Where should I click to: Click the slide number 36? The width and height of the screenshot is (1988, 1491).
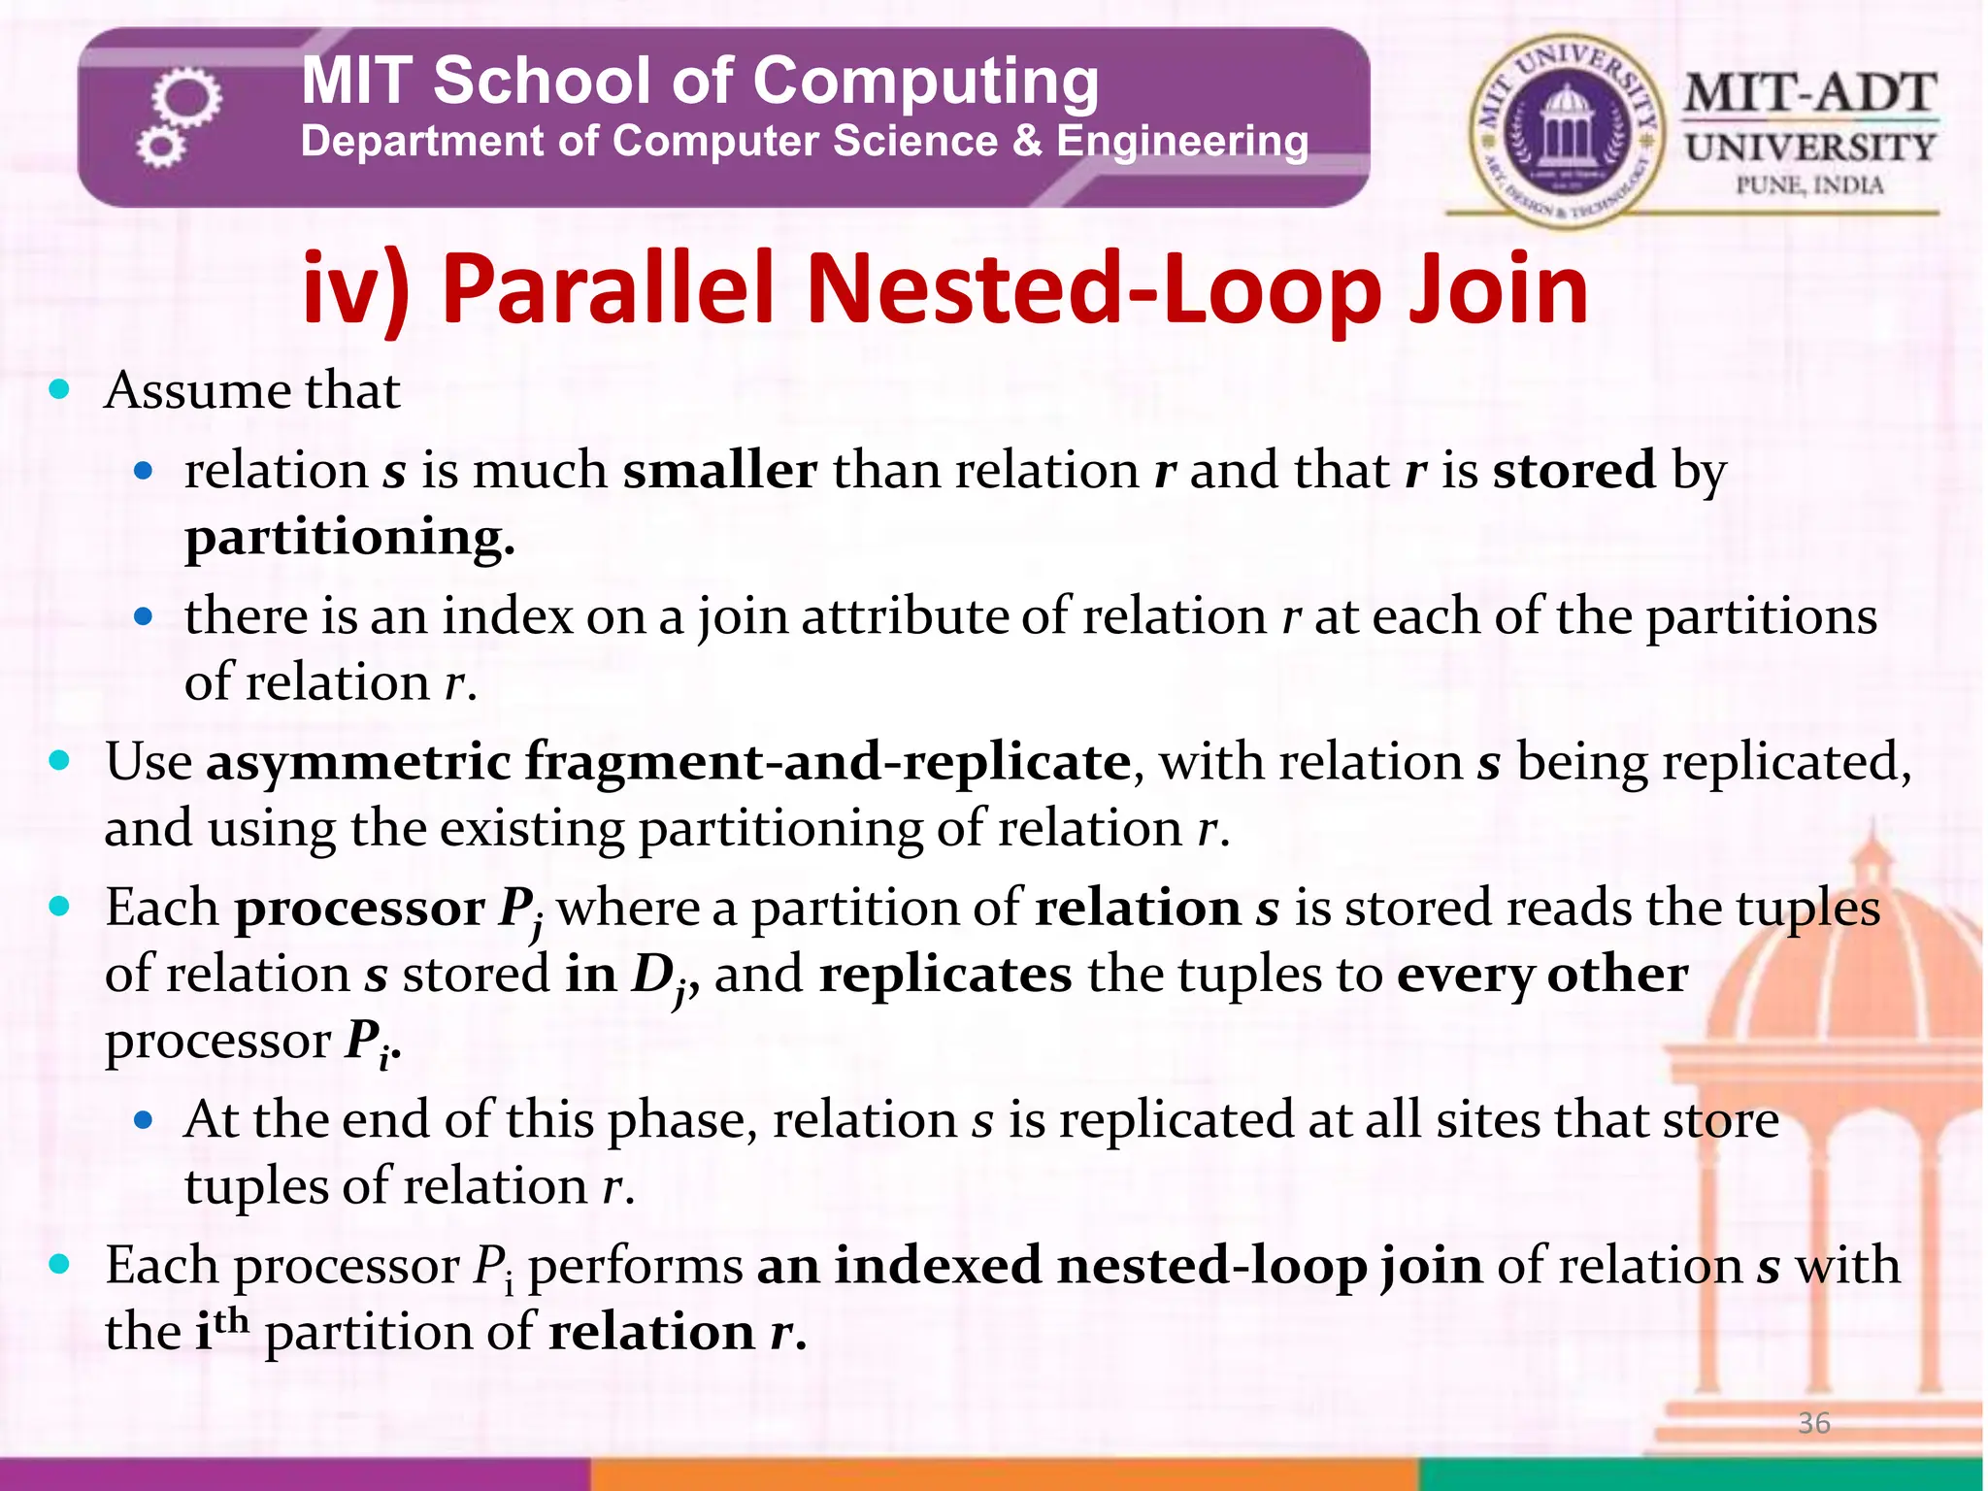1813,1423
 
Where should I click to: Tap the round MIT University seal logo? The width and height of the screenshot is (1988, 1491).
1565,131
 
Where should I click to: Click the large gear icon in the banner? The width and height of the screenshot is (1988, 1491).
187,98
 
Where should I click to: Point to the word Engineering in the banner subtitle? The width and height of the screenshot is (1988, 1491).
1181,142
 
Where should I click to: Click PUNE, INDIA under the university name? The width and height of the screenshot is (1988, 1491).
1809,184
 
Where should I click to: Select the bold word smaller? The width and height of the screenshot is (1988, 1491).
719,471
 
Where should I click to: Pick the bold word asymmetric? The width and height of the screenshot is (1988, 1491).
357,762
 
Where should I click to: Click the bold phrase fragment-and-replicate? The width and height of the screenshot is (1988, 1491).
827,762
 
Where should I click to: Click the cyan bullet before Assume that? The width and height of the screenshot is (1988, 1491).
60,390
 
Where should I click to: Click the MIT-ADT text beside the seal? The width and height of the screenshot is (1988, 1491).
1809,94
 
